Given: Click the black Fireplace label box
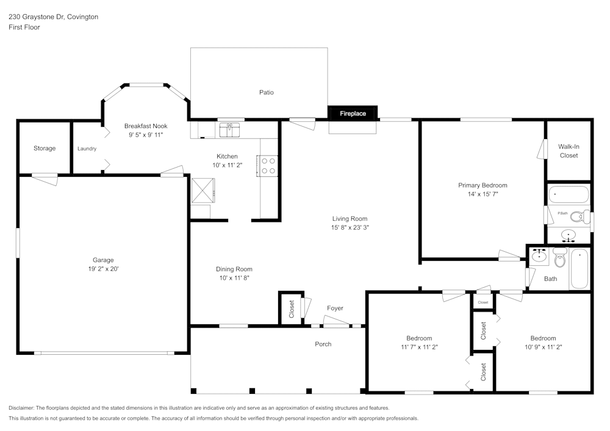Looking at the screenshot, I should click(x=353, y=113).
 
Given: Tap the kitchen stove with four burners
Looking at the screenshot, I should click(x=268, y=166).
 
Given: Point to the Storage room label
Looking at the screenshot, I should click(x=45, y=148).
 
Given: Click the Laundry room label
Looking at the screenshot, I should click(x=87, y=149).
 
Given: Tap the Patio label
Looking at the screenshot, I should click(x=266, y=93).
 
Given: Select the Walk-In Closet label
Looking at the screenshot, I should click(x=569, y=151).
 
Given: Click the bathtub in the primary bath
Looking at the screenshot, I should click(x=569, y=195).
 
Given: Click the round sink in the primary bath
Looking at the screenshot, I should click(x=569, y=235).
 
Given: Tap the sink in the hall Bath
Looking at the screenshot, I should click(x=539, y=255).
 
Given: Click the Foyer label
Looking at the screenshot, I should click(x=335, y=308).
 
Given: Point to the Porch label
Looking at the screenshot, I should click(x=323, y=344).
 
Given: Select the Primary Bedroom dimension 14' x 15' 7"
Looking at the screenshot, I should click(x=483, y=194).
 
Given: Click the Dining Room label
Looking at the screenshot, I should click(x=234, y=269).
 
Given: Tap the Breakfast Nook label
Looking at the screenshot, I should click(x=145, y=126).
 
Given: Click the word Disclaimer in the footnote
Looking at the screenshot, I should click(x=21, y=408).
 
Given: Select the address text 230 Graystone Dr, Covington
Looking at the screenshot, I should click(x=53, y=17).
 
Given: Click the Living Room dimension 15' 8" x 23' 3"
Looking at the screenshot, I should click(x=350, y=227).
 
